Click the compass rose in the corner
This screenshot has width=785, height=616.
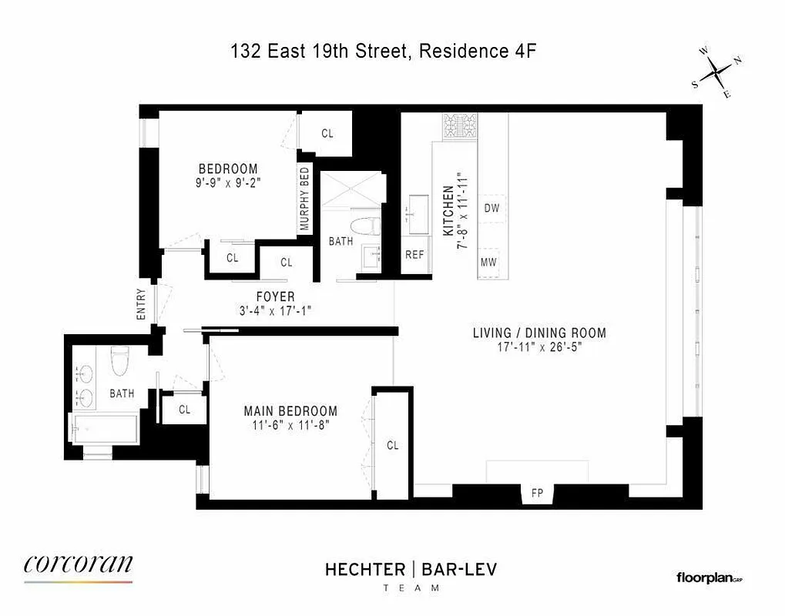click(x=716, y=72)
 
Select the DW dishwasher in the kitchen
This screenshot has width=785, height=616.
click(x=491, y=208)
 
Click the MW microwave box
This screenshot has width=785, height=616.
click(x=488, y=262)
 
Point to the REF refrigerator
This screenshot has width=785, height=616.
click(x=414, y=255)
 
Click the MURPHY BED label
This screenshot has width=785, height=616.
click(x=304, y=199)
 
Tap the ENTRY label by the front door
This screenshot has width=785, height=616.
click(x=142, y=303)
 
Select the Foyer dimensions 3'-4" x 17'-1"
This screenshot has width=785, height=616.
click(x=275, y=311)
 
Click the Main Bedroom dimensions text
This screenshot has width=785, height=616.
click(x=290, y=424)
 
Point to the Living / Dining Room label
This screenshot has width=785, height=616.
click(x=539, y=333)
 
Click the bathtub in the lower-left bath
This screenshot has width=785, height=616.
click(x=103, y=427)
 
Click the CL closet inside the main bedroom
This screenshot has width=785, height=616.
click(x=393, y=445)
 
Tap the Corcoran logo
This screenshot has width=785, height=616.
click(x=79, y=565)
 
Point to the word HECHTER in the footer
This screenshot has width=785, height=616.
click(x=364, y=569)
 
